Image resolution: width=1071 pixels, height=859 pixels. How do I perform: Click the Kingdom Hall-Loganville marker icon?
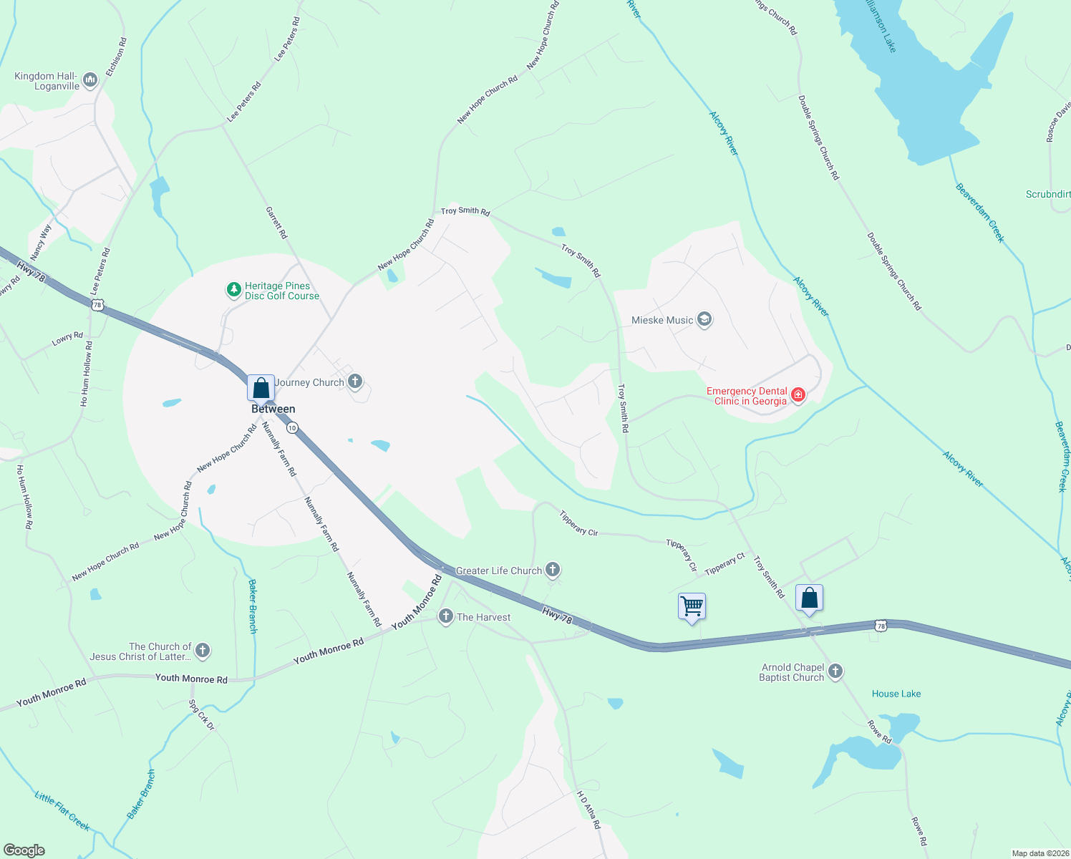90,80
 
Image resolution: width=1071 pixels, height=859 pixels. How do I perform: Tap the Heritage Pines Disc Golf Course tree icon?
233,290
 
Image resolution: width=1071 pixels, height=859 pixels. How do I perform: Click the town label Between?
273,409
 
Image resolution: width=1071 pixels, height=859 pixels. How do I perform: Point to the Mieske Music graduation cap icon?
704,319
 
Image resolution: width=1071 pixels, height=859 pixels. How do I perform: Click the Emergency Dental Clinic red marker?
798,395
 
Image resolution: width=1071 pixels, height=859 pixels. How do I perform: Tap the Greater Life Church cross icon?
552,570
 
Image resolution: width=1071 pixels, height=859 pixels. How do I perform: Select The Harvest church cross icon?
445,616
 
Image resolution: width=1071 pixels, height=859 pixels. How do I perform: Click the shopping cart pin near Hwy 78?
692,606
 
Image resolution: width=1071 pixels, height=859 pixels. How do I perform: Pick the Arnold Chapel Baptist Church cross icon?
835,671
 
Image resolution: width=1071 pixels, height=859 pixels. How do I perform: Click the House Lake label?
896,694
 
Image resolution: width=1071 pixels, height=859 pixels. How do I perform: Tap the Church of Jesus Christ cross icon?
203,650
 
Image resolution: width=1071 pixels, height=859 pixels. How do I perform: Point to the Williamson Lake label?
880,26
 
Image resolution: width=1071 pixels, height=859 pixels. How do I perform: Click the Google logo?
24,850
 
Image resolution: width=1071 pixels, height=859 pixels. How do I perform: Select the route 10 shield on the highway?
292,427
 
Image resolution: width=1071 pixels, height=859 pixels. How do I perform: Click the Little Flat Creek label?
62,811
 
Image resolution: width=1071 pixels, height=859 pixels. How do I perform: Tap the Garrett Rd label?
276,223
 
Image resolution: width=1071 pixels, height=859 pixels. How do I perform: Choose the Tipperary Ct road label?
724,564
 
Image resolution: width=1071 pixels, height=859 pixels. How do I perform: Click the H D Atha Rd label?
588,810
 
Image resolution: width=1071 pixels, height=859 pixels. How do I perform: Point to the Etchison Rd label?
116,57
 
